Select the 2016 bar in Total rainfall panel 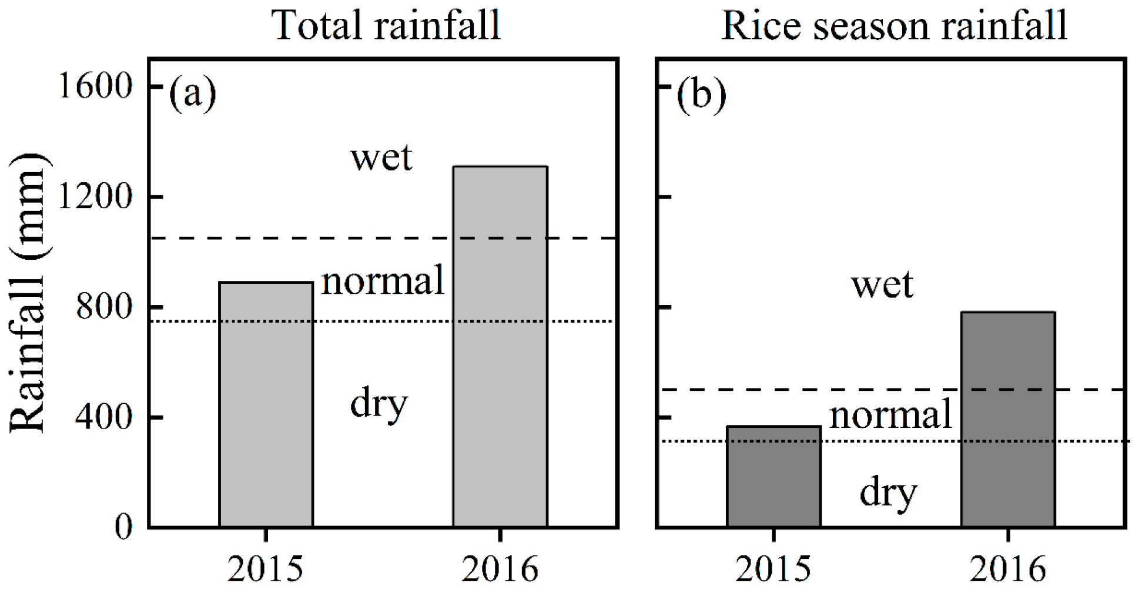500,347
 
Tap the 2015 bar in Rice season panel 773,477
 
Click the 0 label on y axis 123,527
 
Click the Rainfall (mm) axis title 28,294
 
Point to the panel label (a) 192,93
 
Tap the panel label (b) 701,93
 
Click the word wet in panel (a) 381,158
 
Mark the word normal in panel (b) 890,415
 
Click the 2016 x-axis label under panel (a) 500,569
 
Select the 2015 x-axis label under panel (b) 773,569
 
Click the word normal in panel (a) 383,280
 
